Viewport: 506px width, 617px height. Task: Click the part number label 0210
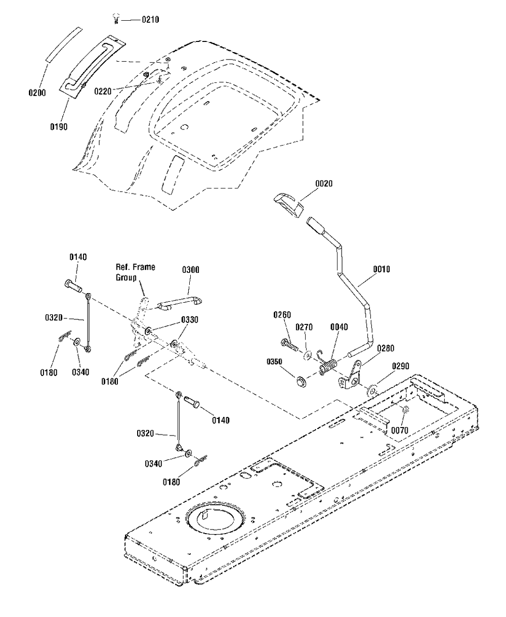tap(150, 20)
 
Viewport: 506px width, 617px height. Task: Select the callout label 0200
tap(37, 93)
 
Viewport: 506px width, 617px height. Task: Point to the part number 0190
tap(59, 127)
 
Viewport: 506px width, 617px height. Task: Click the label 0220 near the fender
tap(103, 91)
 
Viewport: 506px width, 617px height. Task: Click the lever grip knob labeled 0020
tap(288, 205)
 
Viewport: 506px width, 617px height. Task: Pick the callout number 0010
tap(381, 269)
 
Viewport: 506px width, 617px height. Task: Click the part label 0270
tap(304, 327)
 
